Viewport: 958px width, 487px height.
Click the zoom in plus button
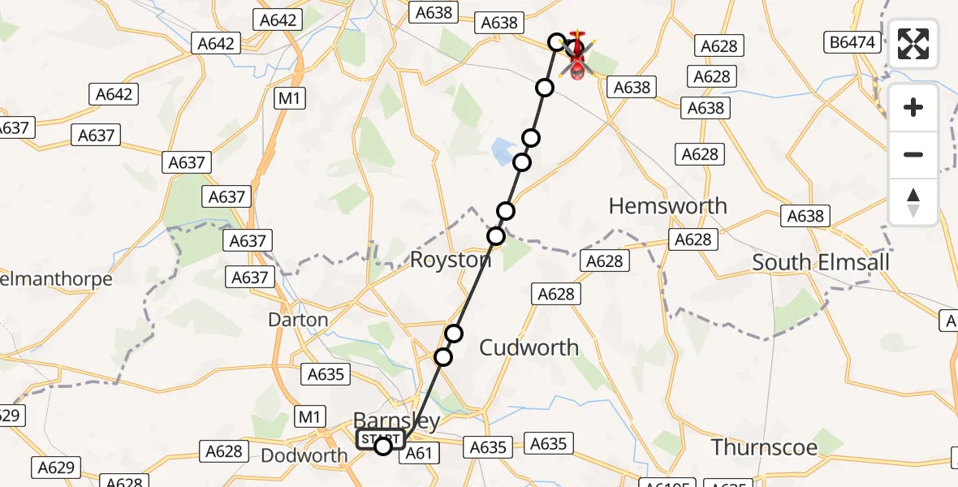[913, 107]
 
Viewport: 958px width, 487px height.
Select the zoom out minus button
[913, 154]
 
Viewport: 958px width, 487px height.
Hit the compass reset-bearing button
[913, 201]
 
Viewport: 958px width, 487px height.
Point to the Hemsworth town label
[667, 206]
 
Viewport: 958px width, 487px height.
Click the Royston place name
[451, 261]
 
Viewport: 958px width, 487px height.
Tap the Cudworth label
[529, 347]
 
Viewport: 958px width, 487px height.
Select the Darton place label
[298, 320]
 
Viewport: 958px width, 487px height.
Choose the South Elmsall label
[821, 262]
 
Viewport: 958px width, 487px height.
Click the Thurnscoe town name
[764, 446]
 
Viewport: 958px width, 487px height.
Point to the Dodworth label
[304, 455]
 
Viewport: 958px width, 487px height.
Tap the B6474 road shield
[854, 42]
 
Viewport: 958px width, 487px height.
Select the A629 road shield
[56, 468]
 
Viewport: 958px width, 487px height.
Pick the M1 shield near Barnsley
[309, 417]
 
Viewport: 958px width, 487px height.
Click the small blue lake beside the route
[503, 149]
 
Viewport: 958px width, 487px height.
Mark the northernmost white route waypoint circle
[557, 41]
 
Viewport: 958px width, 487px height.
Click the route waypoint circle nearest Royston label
[496, 236]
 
